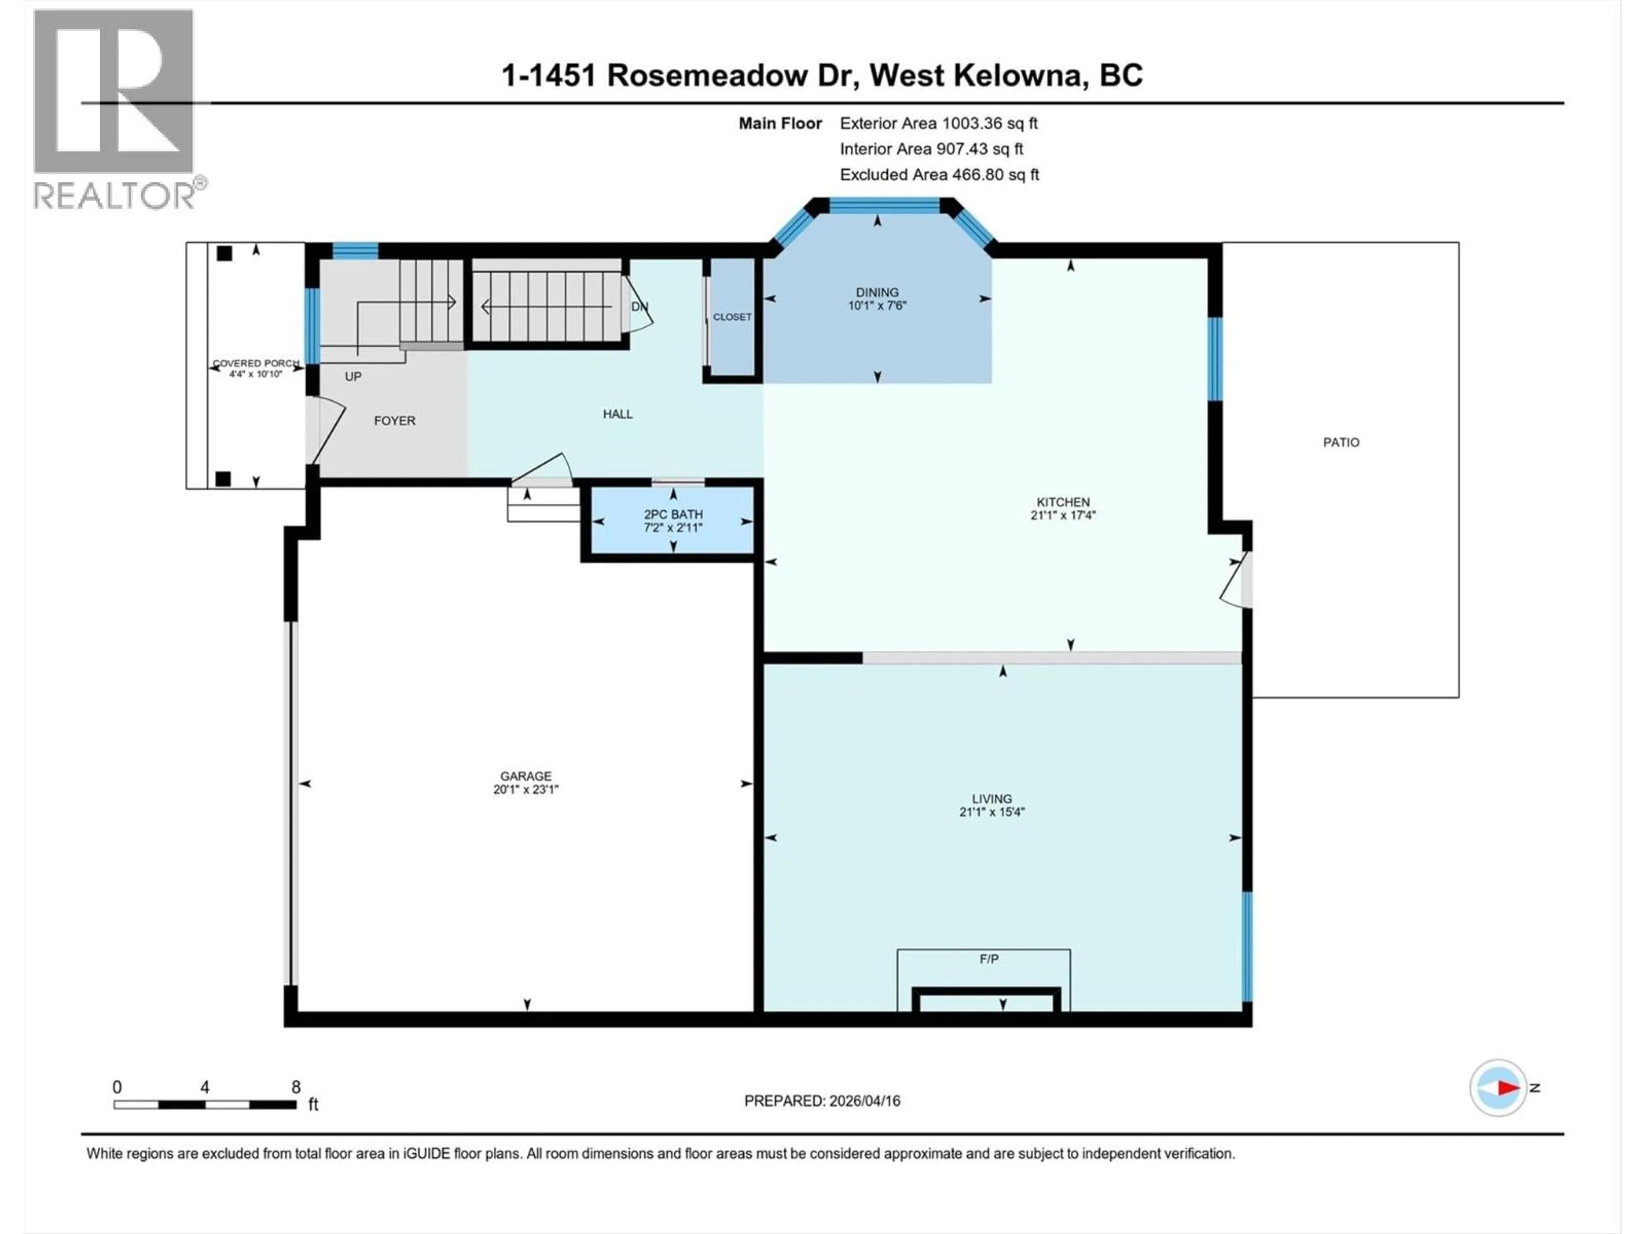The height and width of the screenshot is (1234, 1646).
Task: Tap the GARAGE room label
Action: point(526,776)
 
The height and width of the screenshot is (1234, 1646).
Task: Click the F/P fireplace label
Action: point(988,959)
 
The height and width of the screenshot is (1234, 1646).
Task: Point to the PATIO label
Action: point(1340,443)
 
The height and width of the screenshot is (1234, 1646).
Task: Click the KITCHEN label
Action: point(1063,502)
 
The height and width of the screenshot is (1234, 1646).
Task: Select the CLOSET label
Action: point(731,317)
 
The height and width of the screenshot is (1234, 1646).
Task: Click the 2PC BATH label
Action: point(673,514)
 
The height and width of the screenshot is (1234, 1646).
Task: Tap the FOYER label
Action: point(394,421)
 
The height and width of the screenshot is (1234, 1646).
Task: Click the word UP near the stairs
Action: point(353,376)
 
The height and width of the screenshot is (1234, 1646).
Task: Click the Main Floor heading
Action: point(779,123)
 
